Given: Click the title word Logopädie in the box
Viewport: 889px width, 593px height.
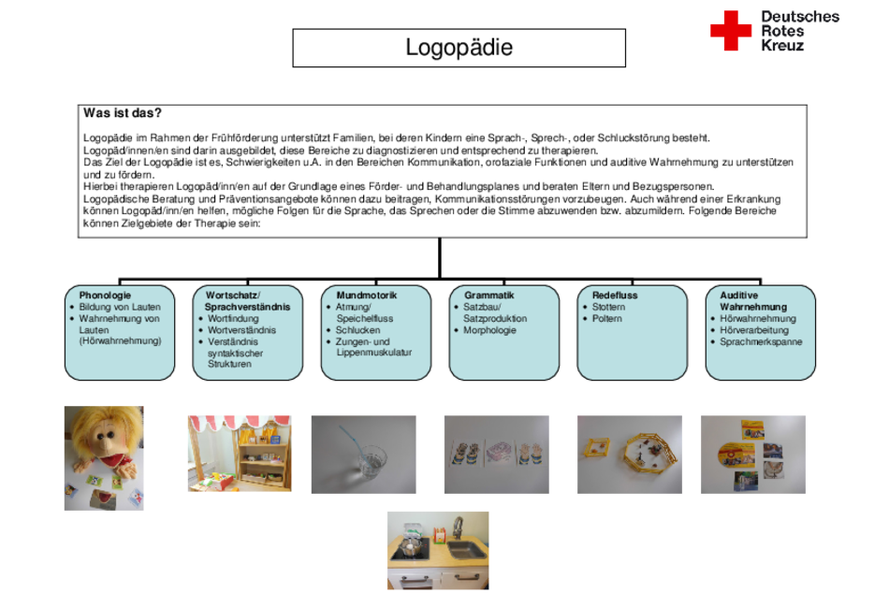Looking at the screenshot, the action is [459, 47].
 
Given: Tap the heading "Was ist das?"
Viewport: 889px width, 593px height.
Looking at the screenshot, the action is [123, 113].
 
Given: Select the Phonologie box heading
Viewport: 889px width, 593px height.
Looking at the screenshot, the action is [105, 295].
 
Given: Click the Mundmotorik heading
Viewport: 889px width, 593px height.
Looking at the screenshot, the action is [366, 295].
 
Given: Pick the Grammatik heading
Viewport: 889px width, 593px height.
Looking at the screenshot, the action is [489, 295].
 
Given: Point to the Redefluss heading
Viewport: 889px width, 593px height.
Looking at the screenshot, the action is [615, 295].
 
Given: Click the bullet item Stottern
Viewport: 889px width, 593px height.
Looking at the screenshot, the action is [608, 307].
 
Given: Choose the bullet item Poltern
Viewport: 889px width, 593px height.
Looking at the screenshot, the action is [606, 319].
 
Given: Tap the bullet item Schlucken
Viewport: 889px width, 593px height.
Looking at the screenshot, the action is [357, 330].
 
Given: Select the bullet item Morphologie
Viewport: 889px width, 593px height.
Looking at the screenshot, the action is [489, 330].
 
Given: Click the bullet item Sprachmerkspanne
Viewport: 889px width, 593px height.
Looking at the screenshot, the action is [761, 341].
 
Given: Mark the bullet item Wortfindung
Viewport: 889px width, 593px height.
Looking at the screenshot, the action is [233, 319].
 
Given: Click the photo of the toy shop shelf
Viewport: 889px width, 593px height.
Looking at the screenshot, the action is [240, 454].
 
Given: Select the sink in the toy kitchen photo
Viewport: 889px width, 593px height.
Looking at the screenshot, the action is [466, 549].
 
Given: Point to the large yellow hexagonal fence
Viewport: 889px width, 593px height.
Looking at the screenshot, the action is [650, 454].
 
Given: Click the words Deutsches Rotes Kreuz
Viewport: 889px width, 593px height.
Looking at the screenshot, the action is [800, 31].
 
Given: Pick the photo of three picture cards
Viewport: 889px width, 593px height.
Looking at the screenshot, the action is [497, 455].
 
